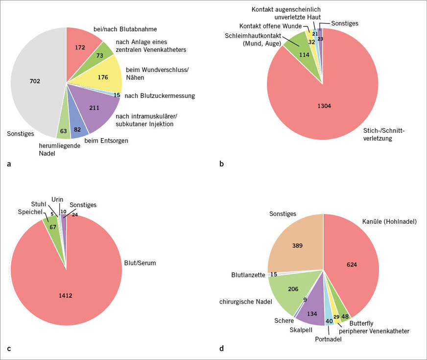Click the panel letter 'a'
click(9, 165)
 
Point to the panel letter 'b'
click(222, 165)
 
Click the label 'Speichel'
click(29, 212)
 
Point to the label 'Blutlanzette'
click(248, 275)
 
